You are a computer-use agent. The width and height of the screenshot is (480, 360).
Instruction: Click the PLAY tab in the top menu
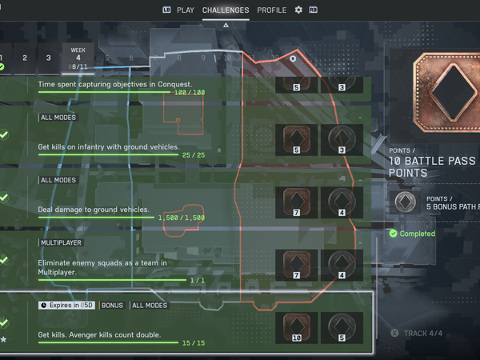coord(185,10)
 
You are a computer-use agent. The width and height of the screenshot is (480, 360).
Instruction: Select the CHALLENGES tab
coord(225,10)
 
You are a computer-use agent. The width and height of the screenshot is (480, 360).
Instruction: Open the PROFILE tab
coord(272,10)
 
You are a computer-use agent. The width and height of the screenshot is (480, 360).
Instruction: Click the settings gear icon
coord(298,10)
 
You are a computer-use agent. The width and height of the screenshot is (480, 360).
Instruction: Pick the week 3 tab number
coord(48,58)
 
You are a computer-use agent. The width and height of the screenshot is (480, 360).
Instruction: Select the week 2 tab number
coord(25,58)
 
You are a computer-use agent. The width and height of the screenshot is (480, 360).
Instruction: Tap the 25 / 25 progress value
coord(194,154)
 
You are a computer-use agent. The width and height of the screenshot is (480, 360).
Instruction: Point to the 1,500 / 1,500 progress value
coord(182,218)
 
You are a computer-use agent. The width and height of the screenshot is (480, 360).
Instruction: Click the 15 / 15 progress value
coord(194,343)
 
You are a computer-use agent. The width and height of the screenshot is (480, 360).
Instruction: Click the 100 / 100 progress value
coord(190,92)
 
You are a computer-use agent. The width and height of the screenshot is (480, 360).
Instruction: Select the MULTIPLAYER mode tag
coord(61,242)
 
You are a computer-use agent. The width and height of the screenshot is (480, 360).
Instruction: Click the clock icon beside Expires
coord(43,305)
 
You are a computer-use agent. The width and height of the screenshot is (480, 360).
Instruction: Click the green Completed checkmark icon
coord(393,234)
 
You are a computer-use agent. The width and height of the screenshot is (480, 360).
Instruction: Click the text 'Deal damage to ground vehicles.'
coord(94,210)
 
